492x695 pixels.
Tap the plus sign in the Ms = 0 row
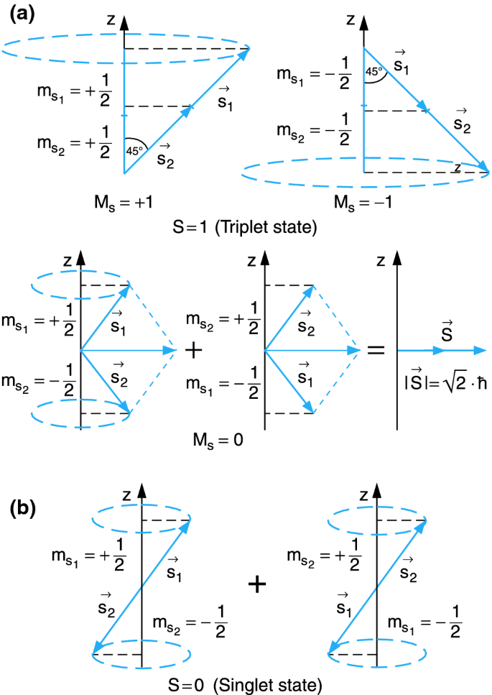coord(193,350)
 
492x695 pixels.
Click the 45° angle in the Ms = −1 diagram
coord(373,71)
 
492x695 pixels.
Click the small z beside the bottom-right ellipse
coord(457,167)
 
